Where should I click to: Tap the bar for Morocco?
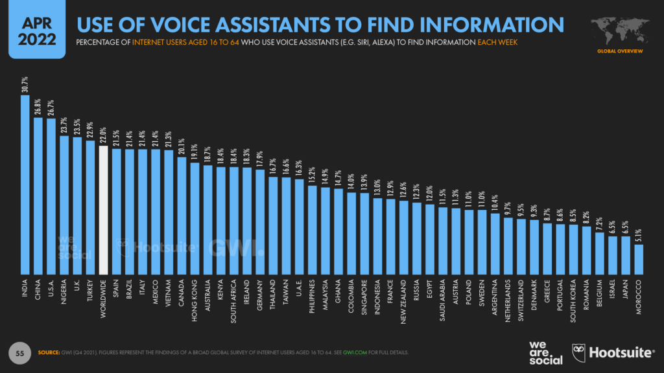tap(639, 258)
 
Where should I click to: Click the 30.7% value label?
tap(25, 86)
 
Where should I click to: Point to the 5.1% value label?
tap(639, 236)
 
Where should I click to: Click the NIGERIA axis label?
tap(64, 295)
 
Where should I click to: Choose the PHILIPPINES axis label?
tap(312, 299)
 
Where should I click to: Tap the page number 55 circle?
tap(19, 352)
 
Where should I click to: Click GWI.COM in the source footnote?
tap(355, 352)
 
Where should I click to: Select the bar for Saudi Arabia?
tap(443, 240)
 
